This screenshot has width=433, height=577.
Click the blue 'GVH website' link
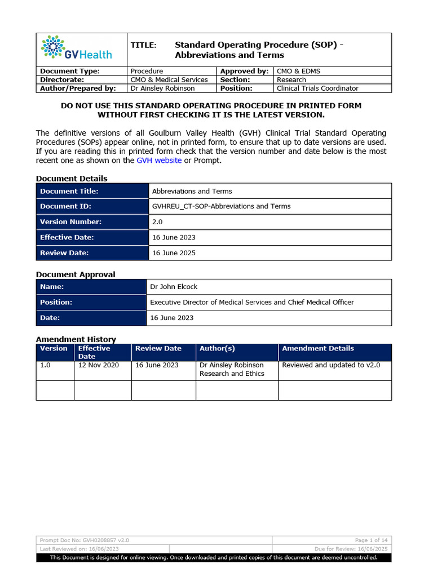point(159,161)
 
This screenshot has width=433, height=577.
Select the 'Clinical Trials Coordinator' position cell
point(317,88)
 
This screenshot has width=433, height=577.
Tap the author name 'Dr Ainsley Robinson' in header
point(162,88)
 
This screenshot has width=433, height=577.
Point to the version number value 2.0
point(157,222)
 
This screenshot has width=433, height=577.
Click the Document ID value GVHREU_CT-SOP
point(221,206)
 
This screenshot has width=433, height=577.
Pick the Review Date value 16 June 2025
point(174,253)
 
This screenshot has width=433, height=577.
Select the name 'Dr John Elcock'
point(174,287)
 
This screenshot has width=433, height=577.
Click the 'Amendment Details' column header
point(318,349)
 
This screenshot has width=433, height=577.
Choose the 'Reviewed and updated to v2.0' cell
point(331,365)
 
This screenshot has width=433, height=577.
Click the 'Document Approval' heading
point(76,274)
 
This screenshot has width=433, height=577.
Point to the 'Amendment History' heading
point(76,339)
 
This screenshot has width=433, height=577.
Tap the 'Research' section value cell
point(291,80)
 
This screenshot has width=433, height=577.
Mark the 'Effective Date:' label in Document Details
point(67,238)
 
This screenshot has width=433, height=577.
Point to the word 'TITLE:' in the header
point(143,45)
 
